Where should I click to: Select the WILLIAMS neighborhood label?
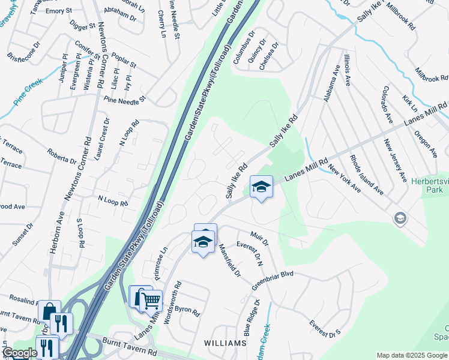point(225,343)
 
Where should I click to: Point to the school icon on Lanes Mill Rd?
point(261,187)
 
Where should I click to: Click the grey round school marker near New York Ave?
point(400,218)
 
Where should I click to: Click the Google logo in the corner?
point(19,353)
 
